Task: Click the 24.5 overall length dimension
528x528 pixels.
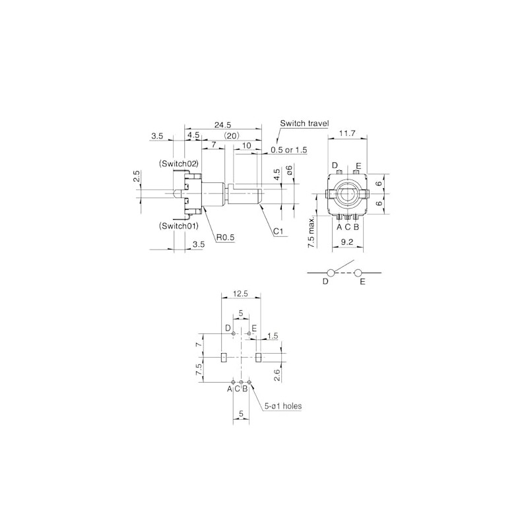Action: tap(222, 125)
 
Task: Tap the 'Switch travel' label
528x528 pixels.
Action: tap(304, 123)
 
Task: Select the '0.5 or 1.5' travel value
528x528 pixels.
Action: tap(289, 150)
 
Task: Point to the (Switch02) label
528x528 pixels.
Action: tap(178, 164)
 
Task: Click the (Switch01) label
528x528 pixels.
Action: tap(178, 226)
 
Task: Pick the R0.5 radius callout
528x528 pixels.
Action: tap(225, 238)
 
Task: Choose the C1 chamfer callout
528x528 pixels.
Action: tap(278, 232)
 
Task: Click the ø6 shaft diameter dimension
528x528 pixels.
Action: tap(290, 170)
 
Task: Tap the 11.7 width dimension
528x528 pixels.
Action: tap(347, 133)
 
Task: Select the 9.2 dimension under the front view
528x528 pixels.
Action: tap(347, 242)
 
